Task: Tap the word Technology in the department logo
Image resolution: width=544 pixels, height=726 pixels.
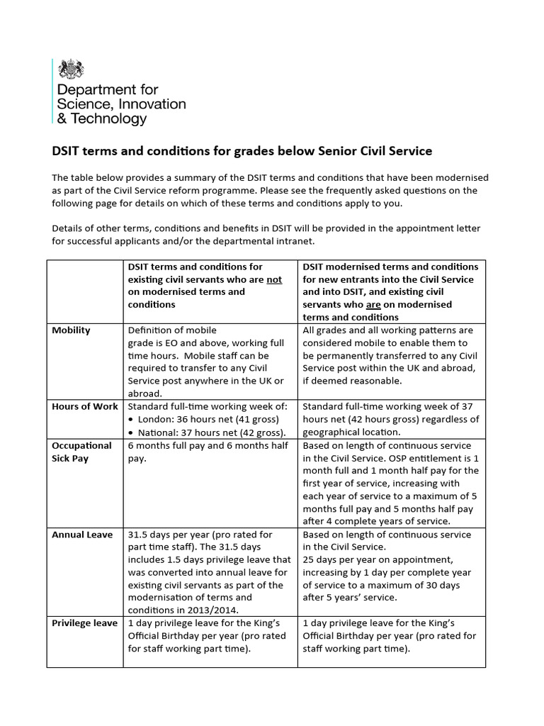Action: coord(108,119)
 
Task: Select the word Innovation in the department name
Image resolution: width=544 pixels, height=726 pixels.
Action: coord(149,104)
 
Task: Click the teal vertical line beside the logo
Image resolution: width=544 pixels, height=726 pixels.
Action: coord(53,92)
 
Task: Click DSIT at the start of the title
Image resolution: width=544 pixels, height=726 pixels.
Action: coord(68,151)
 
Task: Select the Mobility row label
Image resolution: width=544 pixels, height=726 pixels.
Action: coord(71,330)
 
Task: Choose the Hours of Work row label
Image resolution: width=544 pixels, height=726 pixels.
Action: coord(84,407)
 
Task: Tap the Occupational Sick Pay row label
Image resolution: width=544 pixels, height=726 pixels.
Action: coord(81,452)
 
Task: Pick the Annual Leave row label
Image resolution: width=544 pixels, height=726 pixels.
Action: coord(82,535)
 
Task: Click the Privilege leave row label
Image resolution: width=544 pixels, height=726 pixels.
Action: coord(84,623)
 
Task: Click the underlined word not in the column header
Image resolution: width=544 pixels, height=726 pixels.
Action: coord(274,279)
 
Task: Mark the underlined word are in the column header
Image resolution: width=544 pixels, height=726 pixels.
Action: coord(373,305)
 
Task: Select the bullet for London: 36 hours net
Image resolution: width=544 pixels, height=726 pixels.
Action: coord(132,420)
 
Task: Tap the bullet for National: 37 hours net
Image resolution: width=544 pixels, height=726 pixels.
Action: coord(132,432)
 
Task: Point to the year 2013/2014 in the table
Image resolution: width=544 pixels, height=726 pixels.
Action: coord(215,610)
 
